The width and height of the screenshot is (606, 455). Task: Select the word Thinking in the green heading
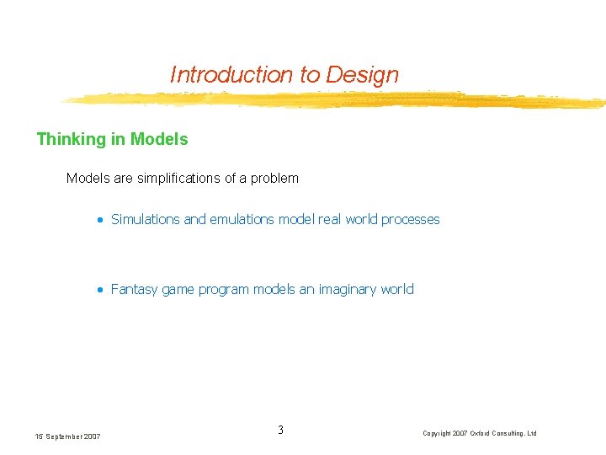pyautogui.click(x=71, y=139)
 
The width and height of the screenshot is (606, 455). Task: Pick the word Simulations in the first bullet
pyautogui.click(x=146, y=219)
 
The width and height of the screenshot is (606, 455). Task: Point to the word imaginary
pyautogui.click(x=348, y=289)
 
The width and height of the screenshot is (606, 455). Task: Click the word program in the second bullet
pyautogui.click(x=225, y=289)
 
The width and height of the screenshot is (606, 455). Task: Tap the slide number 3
pyautogui.click(x=280, y=431)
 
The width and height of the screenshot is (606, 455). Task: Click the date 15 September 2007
pyautogui.click(x=67, y=436)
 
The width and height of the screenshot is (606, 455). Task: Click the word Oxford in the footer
pyautogui.click(x=483, y=433)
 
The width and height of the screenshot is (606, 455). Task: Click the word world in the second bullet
pyautogui.click(x=397, y=289)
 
